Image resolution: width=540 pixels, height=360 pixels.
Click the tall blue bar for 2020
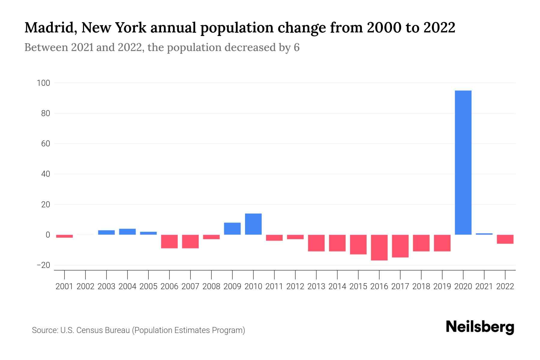463,162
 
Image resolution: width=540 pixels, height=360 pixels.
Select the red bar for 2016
379,247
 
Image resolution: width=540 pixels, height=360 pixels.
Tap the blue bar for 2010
253,224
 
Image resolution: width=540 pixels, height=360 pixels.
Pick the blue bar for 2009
232,229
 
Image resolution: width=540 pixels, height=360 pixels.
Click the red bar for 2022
505,239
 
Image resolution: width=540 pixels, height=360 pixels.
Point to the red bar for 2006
169,241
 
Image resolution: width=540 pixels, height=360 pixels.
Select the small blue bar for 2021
484,234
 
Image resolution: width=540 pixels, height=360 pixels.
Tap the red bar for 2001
64,236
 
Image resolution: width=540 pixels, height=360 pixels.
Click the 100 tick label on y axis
43,83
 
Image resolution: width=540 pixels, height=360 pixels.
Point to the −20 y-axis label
43,265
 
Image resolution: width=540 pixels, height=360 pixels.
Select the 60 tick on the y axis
45,144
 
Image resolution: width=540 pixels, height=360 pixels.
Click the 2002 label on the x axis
85,286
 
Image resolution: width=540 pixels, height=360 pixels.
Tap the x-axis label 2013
316,286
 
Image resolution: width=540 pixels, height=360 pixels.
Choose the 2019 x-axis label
442,286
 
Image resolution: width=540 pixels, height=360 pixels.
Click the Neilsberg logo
480,327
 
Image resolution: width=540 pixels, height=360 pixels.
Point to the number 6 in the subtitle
296,47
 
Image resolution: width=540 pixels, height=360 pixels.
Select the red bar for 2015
358,244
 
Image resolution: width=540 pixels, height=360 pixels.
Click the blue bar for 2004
127,232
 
